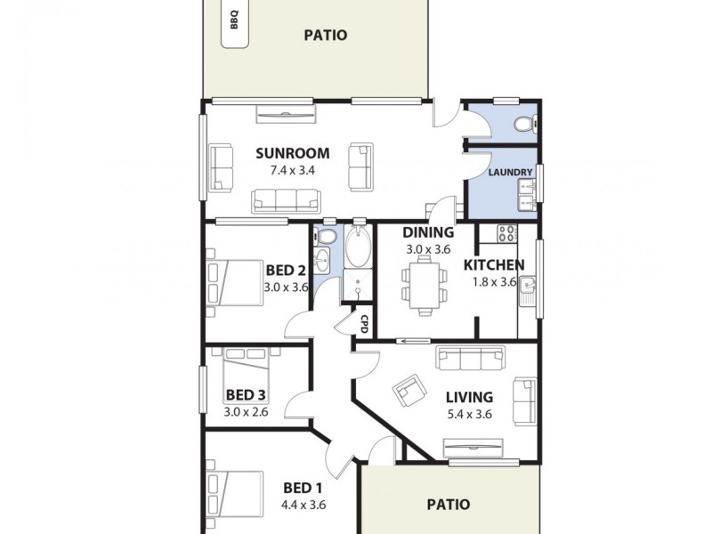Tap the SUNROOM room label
(x=293, y=152)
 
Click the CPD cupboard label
(x=364, y=323)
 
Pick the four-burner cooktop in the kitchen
(x=507, y=234)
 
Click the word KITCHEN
(x=494, y=264)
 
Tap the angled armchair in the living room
(x=409, y=389)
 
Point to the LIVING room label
(x=470, y=397)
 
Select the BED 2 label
(x=286, y=271)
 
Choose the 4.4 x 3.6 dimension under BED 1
(x=303, y=504)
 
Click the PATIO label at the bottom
(x=448, y=504)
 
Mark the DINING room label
(x=428, y=233)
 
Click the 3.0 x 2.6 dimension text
(x=247, y=411)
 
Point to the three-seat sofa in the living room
(x=470, y=358)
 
